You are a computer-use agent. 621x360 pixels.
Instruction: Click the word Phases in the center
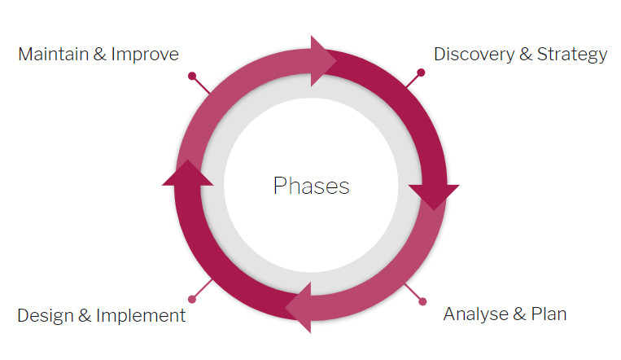311,186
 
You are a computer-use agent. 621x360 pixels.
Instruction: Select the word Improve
145,55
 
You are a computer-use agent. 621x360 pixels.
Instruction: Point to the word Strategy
573,55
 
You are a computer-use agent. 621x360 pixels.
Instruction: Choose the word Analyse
474,314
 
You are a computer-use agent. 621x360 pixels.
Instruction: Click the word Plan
549,314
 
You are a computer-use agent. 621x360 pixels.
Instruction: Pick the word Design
43,315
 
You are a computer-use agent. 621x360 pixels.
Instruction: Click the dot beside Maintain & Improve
192,77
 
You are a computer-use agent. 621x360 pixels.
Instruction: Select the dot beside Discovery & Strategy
421,73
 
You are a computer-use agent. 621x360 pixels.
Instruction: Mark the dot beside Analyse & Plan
422,302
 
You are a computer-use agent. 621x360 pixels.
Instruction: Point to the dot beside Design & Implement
192,300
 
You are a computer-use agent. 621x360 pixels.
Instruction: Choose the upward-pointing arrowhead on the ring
187,173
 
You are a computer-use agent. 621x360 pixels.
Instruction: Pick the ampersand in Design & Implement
84,315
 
